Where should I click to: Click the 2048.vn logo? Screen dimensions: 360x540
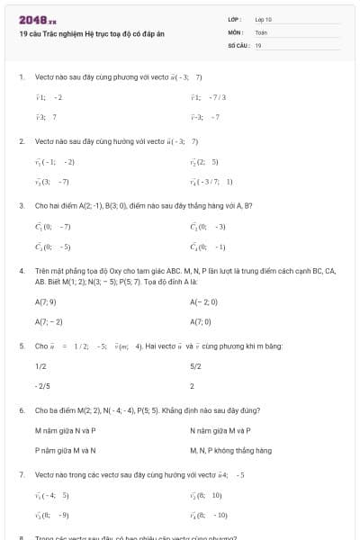(x=38, y=19)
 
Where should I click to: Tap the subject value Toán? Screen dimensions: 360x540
(x=261, y=31)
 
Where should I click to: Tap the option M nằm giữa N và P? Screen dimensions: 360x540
(x=65, y=430)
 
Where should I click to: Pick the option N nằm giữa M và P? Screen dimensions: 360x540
(x=220, y=430)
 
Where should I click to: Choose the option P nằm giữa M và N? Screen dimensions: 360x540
(x=65, y=450)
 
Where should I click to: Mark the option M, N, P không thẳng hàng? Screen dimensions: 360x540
(x=227, y=450)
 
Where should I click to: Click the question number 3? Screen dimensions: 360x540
(x=22, y=205)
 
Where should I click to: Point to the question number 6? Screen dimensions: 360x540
(x=22, y=409)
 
